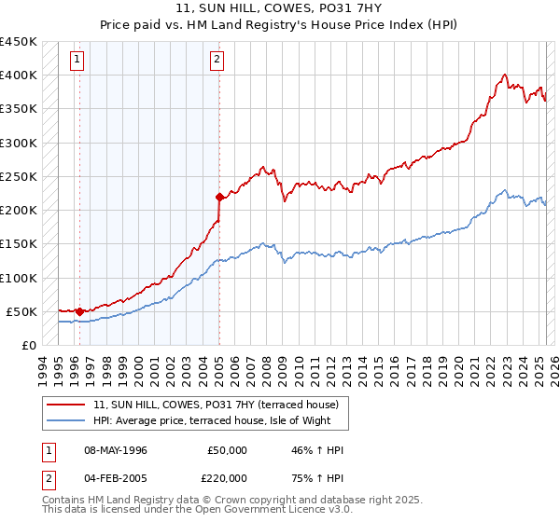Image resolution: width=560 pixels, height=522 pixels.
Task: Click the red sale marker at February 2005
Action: tap(219, 197)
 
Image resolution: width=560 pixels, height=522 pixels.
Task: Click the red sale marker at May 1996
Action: tap(79, 311)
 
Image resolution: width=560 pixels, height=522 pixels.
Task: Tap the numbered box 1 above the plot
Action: tap(77, 61)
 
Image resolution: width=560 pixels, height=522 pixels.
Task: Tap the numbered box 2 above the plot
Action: tap(217, 61)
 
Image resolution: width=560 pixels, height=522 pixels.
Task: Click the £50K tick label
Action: tap(21, 311)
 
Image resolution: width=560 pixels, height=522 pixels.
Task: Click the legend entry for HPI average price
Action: tap(219, 421)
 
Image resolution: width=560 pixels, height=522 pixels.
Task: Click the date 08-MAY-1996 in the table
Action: tap(116, 450)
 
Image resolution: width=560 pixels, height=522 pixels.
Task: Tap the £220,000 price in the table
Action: tap(228, 477)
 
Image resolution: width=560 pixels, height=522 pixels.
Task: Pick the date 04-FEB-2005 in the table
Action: tap(115, 477)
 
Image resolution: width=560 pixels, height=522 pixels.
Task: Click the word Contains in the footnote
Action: tap(64, 501)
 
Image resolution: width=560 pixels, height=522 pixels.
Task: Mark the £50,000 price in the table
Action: tap(228, 450)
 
